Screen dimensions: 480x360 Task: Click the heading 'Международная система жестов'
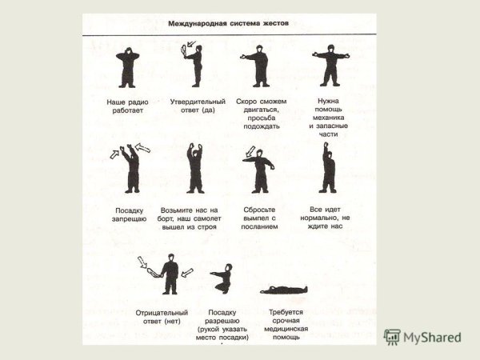(x=228, y=23)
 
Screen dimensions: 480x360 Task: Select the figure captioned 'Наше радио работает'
(x=127, y=68)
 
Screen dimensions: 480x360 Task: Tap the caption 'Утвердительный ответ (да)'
(x=198, y=106)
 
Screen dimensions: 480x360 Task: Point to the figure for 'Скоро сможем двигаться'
(x=257, y=66)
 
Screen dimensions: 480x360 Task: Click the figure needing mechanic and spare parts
(x=330, y=66)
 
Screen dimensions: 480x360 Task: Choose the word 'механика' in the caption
(x=328, y=118)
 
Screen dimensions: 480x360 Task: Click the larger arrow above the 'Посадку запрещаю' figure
(x=142, y=148)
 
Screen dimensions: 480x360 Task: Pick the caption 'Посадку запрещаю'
(x=129, y=214)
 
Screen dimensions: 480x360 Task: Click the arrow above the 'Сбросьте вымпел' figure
(x=250, y=151)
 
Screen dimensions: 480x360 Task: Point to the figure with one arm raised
(x=327, y=168)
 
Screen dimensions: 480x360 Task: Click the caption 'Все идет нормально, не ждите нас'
(x=325, y=218)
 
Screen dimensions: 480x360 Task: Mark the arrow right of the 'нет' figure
(x=187, y=273)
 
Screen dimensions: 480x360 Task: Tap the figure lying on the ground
(x=283, y=290)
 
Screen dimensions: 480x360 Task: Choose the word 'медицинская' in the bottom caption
(x=286, y=329)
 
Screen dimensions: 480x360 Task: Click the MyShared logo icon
(x=392, y=337)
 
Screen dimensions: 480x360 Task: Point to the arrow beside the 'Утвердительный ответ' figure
(x=191, y=44)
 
